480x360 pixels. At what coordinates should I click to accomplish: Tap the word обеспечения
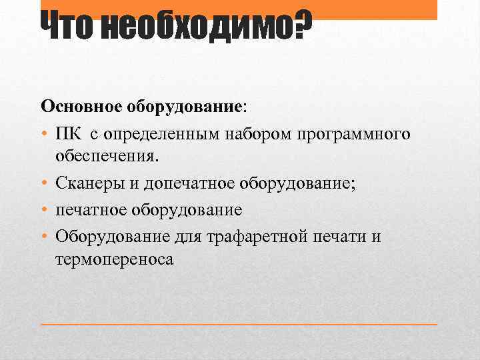click(107, 157)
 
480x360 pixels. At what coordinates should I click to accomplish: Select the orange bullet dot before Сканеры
click(44, 184)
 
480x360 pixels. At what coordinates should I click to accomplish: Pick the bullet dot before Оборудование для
click(44, 236)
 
